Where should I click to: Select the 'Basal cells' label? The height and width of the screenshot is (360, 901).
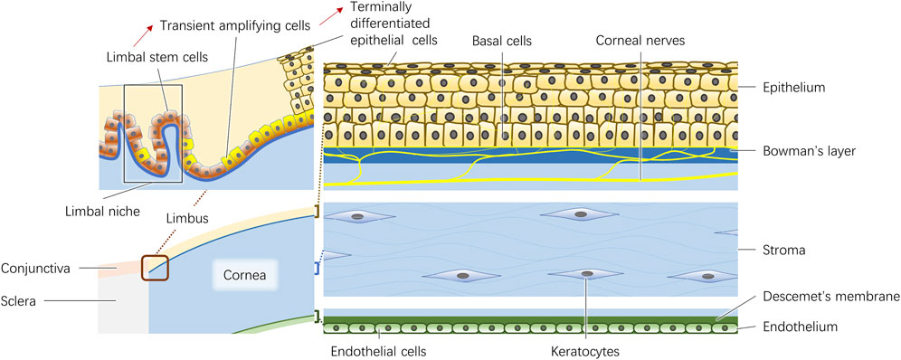coord(502,42)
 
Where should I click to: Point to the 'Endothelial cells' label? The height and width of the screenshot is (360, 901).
coord(378,348)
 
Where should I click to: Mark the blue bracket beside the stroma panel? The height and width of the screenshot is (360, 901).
coord(318,269)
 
